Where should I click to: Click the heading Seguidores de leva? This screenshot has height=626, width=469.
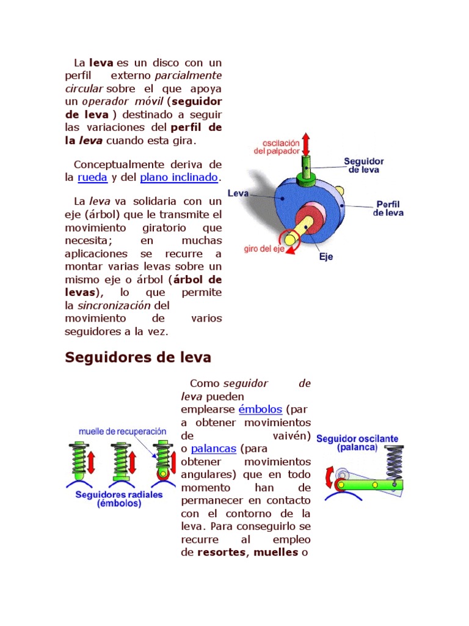click(x=138, y=357)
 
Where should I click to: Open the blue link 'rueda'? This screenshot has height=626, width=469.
click(x=92, y=178)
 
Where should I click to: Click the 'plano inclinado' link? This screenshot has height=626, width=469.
click(x=179, y=178)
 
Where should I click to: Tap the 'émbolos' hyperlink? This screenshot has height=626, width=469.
click(x=260, y=410)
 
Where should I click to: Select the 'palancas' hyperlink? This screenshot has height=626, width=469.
click(x=213, y=449)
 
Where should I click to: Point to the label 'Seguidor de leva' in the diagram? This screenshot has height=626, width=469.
click(x=363, y=166)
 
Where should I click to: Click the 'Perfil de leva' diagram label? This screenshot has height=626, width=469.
click(x=388, y=208)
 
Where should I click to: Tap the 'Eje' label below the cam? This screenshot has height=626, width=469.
click(x=326, y=257)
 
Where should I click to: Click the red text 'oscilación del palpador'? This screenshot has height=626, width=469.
click(x=277, y=145)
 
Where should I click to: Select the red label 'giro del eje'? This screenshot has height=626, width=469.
click(x=264, y=250)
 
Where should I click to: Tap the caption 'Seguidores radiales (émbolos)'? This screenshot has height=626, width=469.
click(x=119, y=499)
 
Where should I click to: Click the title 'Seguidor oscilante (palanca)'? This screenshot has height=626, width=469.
click(x=357, y=443)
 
